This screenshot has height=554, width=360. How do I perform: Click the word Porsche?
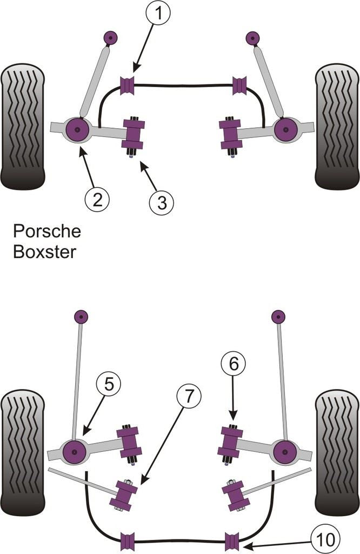[x=46, y=232]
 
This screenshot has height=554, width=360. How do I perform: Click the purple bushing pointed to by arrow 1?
[x=128, y=85]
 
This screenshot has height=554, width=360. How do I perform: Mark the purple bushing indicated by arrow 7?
[x=123, y=494]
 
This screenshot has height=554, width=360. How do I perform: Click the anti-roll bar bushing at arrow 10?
[x=232, y=541]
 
